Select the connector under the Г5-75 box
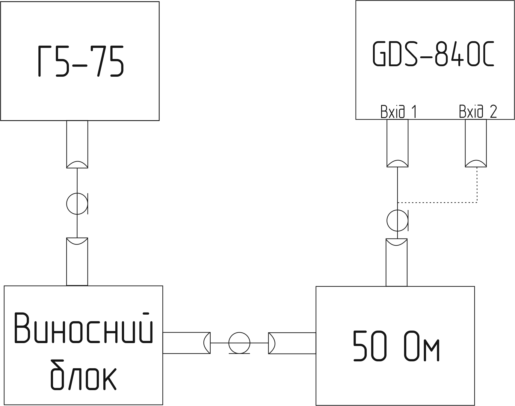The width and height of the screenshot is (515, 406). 77,144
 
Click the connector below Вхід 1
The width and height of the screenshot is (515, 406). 397,143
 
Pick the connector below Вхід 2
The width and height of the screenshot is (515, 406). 476,143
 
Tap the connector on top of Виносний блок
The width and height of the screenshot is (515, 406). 77,262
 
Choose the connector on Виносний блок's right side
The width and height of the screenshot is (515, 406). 186,343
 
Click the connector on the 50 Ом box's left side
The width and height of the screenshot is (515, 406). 292,343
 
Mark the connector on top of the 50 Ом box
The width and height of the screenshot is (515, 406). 396,262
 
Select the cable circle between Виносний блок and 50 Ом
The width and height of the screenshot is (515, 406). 239,343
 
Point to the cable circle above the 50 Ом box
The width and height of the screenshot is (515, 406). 397,221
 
